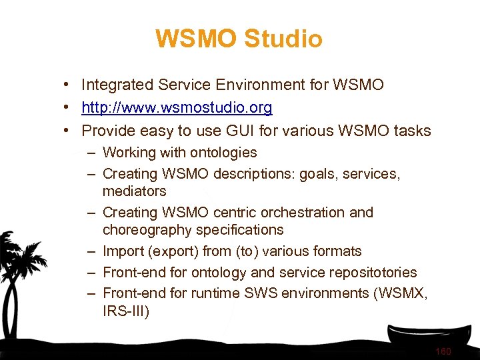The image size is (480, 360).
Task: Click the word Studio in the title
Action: click(283, 39)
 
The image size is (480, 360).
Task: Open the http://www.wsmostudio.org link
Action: click(177, 107)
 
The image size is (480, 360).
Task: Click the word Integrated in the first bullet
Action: click(117, 85)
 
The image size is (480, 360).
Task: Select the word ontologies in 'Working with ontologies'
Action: click(224, 153)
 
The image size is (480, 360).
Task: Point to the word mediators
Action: click(134, 191)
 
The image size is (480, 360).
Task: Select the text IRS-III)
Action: click(126, 311)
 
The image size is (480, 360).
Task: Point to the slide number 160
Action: click(443, 351)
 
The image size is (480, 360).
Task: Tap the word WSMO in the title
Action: click(196, 39)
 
